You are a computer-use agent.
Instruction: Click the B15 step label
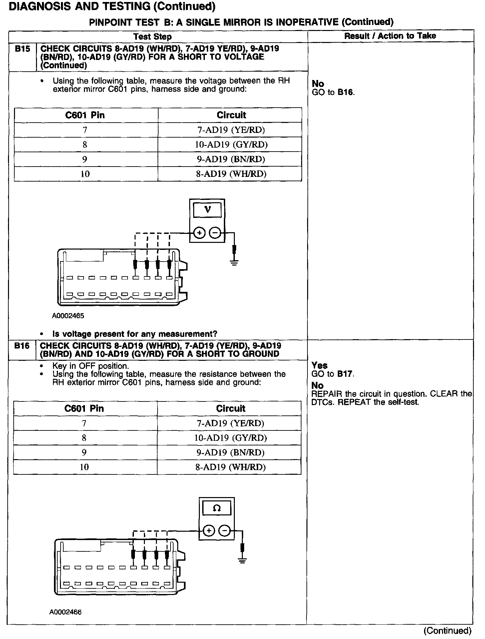point(22,49)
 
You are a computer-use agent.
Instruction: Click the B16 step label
point(22,346)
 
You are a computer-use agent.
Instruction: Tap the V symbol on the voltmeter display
point(207,210)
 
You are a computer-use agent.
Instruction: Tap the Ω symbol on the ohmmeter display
point(217,508)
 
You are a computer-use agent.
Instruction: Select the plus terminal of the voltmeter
point(199,233)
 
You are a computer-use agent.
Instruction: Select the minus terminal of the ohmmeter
point(225,530)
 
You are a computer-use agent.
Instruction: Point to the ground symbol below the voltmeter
point(235,263)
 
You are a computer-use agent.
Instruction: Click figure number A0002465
point(68,316)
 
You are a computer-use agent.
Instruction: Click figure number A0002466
point(66,612)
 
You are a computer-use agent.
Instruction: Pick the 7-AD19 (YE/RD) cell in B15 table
point(231,130)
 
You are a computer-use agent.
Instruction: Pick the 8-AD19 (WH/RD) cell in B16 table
point(230,467)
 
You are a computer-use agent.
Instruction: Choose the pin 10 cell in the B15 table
point(86,174)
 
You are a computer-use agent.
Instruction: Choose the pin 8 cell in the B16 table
point(84,438)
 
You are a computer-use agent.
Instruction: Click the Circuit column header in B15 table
point(231,115)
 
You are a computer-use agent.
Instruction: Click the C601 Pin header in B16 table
point(84,408)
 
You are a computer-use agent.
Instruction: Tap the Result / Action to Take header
point(390,36)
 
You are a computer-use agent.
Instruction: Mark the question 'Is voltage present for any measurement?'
point(135,334)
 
